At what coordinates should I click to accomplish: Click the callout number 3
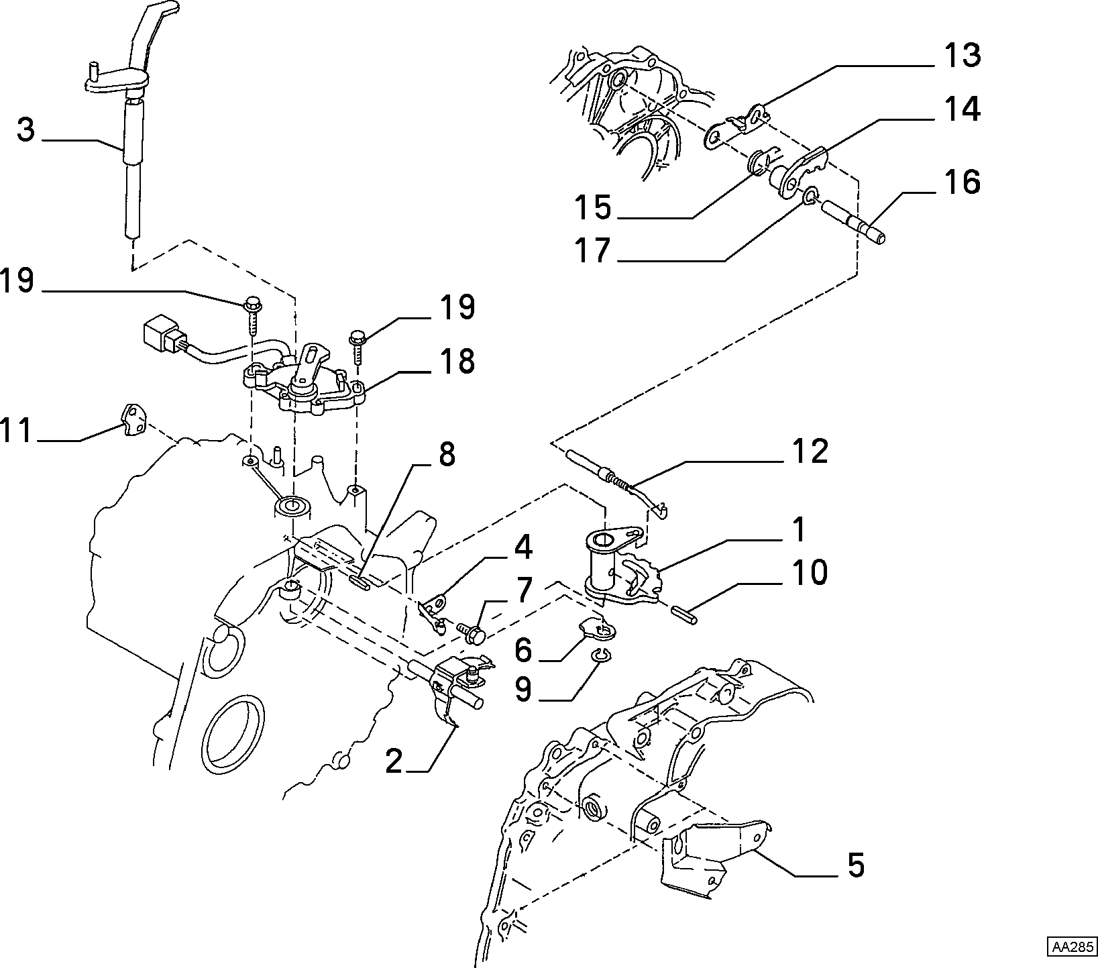tap(26, 130)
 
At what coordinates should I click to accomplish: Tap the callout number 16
tap(963, 182)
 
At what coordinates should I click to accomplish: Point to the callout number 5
tap(855, 865)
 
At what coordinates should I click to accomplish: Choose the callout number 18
tap(457, 361)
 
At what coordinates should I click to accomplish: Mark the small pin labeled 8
tap(360, 581)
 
